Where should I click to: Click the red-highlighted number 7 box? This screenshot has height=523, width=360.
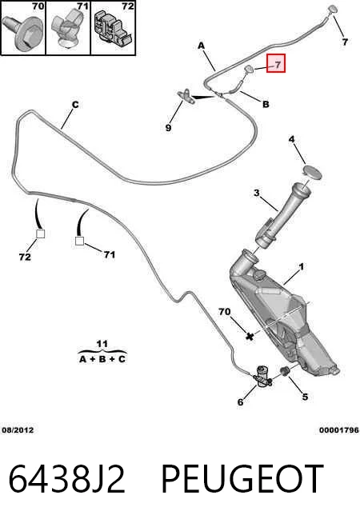pyautogui.click(x=275, y=63)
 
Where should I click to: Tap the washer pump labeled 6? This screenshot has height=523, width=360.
pyautogui.click(x=262, y=377)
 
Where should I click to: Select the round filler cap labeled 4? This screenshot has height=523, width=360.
pyautogui.click(x=312, y=173)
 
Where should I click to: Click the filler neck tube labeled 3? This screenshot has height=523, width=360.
pyautogui.click(x=283, y=215)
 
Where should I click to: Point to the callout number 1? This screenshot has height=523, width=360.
pyautogui.click(x=302, y=267)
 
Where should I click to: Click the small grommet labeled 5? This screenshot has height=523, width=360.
pyautogui.click(x=284, y=370)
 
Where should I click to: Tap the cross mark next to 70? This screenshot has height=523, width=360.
pyautogui.click(x=250, y=336)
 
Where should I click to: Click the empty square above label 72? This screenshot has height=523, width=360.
pyautogui.click(x=40, y=234)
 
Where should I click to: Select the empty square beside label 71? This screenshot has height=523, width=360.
pyautogui.click(x=79, y=241)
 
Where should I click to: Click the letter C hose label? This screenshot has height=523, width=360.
pyautogui.click(x=75, y=105)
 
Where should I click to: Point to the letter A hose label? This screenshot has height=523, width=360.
pyautogui.click(x=201, y=46)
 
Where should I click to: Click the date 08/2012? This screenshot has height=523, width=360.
pyautogui.click(x=18, y=430)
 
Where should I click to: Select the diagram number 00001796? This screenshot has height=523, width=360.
pyautogui.click(x=339, y=430)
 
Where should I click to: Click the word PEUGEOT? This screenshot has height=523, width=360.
pyautogui.click(x=242, y=479)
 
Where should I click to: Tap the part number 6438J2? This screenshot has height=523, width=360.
pyautogui.click(x=67, y=479)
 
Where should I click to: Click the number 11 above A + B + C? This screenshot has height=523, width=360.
pyautogui.click(x=102, y=344)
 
